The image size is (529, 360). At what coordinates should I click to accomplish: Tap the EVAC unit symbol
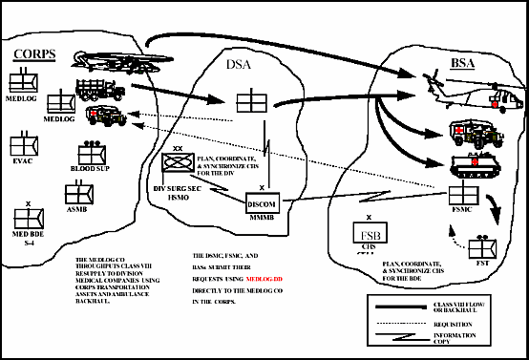pos(22,144)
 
